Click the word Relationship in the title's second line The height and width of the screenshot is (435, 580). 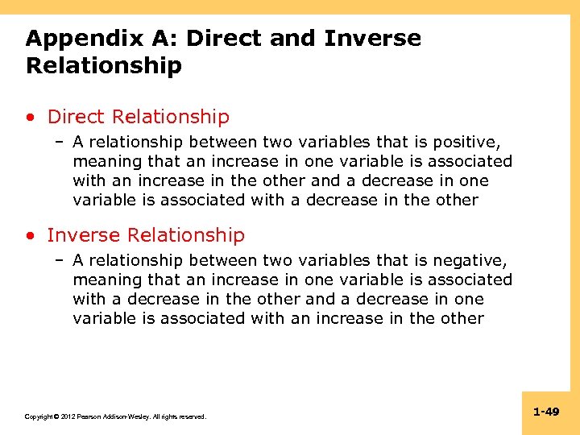click(x=104, y=65)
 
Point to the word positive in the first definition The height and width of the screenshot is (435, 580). click(x=466, y=143)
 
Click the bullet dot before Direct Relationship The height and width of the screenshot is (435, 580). click(x=30, y=118)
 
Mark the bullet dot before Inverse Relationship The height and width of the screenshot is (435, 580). click(x=30, y=236)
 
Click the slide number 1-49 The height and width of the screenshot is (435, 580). click(x=546, y=412)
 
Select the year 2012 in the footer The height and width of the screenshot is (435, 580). click(x=68, y=416)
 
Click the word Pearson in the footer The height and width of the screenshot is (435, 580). click(x=89, y=416)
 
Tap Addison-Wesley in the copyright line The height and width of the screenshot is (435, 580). click(x=128, y=416)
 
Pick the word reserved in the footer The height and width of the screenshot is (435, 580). click(x=192, y=416)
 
